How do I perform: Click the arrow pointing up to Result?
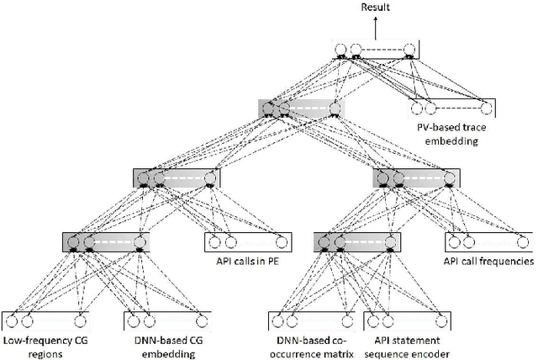(x=376, y=27)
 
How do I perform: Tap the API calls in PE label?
(x=249, y=261)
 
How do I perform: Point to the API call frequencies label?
(x=488, y=261)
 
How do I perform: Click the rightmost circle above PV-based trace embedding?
(x=485, y=108)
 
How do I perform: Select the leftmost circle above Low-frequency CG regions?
(x=11, y=320)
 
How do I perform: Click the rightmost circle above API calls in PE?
(x=281, y=244)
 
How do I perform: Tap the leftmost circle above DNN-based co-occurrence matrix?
(x=277, y=320)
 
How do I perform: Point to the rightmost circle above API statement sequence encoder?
(x=440, y=320)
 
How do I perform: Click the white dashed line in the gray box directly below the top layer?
(x=306, y=108)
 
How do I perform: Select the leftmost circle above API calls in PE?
(x=214, y=244)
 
